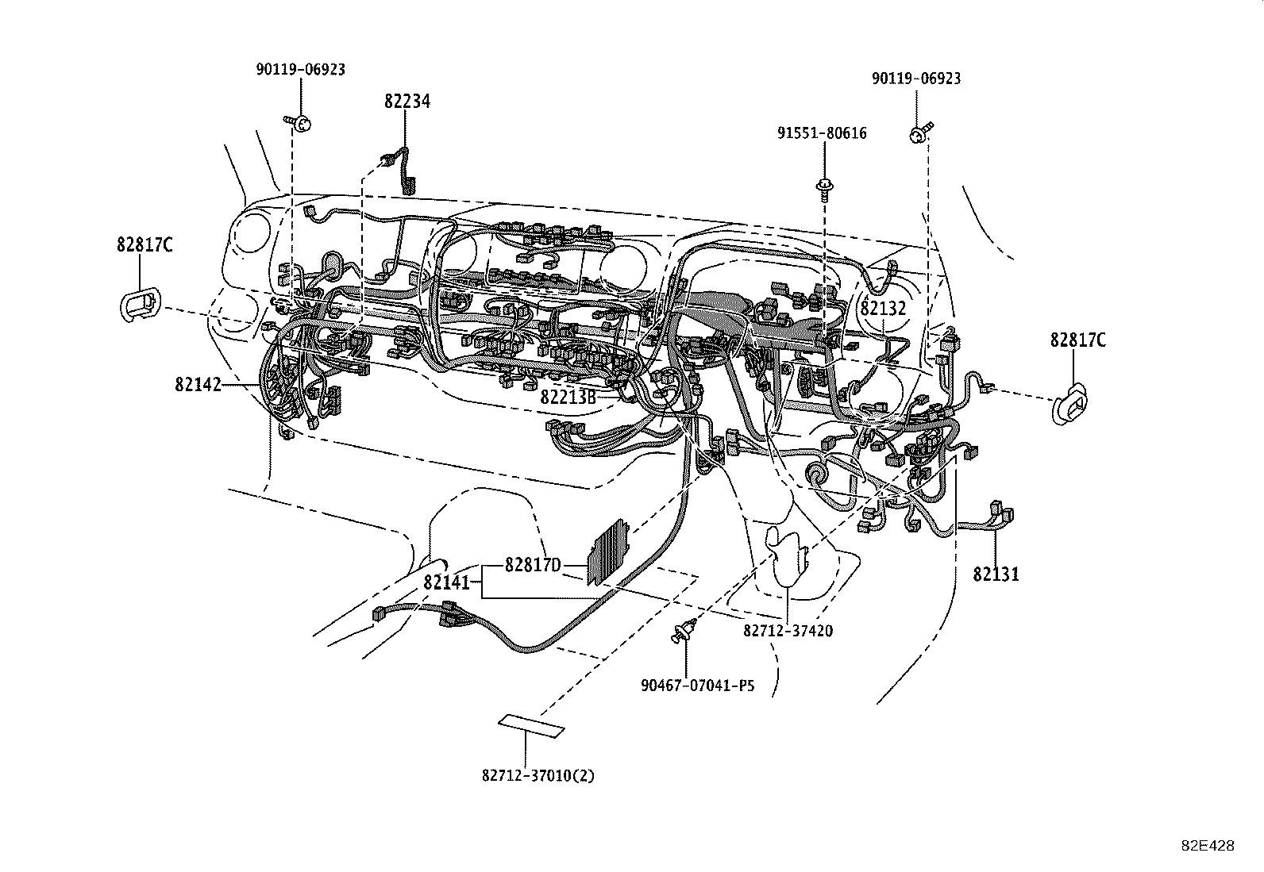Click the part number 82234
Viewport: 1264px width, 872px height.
tap(407, 102)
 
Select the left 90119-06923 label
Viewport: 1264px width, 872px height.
tap(300, 70)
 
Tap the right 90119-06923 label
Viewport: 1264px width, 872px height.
tap(915, 79)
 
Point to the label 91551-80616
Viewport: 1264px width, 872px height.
tap(822, 133)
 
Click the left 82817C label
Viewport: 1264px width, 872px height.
tap(145, 244)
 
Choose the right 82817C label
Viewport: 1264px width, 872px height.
tap(1077, 340)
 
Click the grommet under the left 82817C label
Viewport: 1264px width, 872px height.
tap(141, 305)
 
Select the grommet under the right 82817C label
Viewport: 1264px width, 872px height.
tap(1072, 405)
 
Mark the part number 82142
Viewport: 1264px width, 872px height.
tap(198, 385)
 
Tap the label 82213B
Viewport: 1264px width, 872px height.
tap(568, 397)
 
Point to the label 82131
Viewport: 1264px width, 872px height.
tap(996, 574)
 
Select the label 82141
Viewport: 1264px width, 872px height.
tap(447, 582)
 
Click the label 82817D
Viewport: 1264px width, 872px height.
tap(533, 565)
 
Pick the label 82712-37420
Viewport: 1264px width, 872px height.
tap(788, 630)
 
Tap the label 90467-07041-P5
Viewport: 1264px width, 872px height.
tap(697, 684)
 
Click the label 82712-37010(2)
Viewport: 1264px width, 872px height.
tap(538, 775)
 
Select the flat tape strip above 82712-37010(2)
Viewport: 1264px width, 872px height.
tap(531, 724)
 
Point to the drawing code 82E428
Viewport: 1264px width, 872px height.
tap(1208, 846)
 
